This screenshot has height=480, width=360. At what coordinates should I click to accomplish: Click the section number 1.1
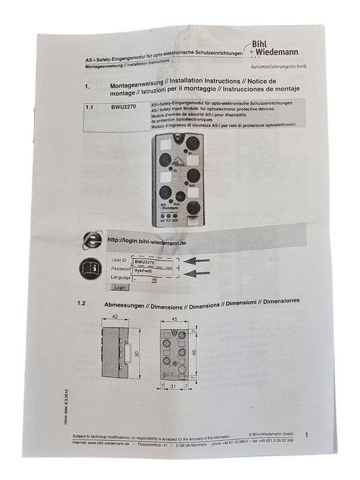pyautogui.click(x=90, y=108)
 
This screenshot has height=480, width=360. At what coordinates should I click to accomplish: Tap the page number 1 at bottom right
pyautogui.click(x=306, y=435)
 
